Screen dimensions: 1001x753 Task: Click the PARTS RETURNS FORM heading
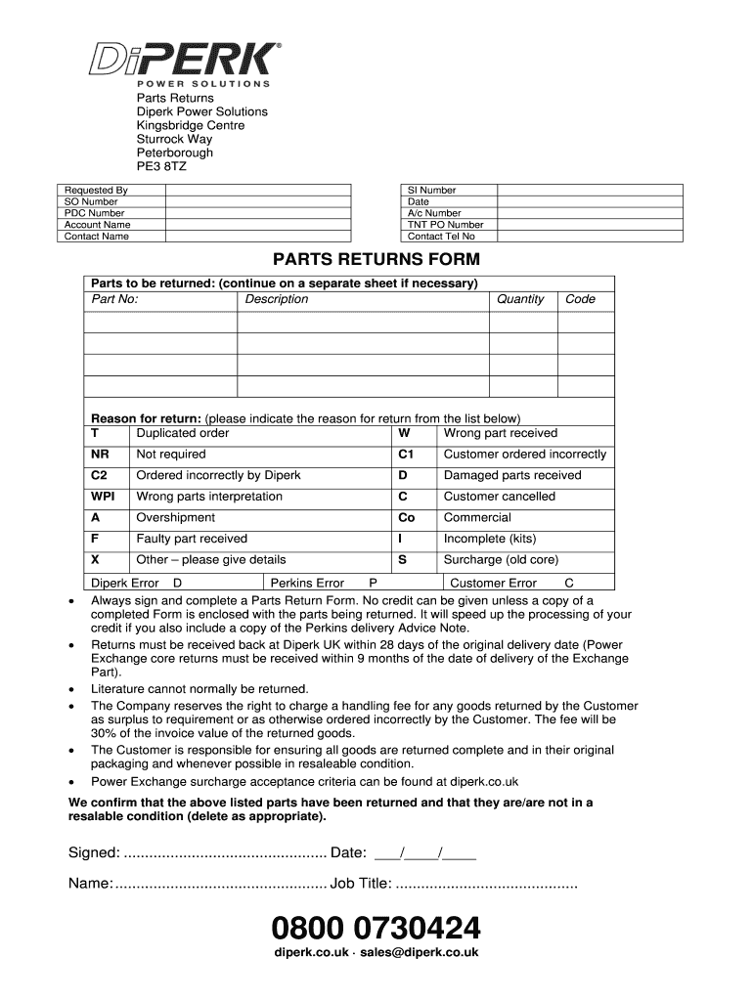click(376, 260)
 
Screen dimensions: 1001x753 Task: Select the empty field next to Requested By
click(257, 190)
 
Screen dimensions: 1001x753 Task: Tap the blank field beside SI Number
click(556, 190)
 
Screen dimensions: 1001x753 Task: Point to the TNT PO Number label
click(445, 225)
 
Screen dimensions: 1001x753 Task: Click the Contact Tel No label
click(441, 237)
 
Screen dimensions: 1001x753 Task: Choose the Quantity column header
click(520, 299)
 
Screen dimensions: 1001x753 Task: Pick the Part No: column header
click(114, 299)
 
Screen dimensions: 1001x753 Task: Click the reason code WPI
click(104, 497)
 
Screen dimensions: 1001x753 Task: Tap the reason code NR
click(100, 455)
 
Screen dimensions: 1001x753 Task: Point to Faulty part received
click(192, 539)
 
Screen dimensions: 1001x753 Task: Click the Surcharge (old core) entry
click(501, 560)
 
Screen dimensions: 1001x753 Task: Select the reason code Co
click(406, 518)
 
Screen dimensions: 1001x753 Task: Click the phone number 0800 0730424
click(376, 927)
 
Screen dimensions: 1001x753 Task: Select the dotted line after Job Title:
click(486, 885)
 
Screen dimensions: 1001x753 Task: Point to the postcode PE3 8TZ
click(161, 167)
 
